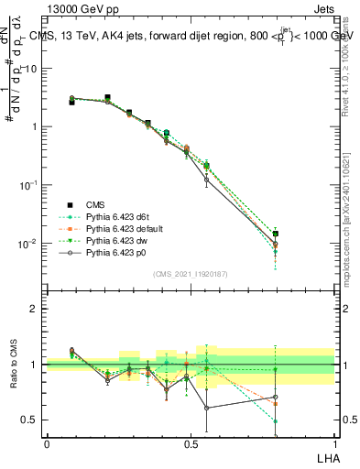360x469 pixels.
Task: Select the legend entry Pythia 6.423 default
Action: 126,228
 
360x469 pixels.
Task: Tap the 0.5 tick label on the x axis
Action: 191,442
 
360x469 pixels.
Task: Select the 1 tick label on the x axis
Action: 334,442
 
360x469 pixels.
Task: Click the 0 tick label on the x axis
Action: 47,442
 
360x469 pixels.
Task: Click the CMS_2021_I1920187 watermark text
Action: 191,274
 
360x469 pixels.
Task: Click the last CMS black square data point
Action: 275,234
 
